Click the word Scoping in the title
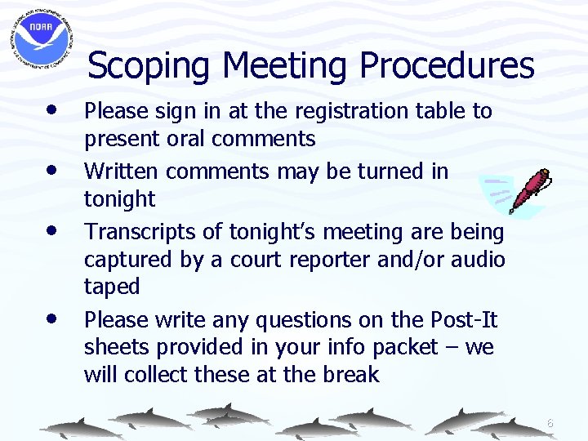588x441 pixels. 148,65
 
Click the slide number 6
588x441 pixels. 550,424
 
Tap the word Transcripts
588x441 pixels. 140,232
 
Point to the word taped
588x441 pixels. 112,287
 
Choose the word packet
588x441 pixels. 405,347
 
